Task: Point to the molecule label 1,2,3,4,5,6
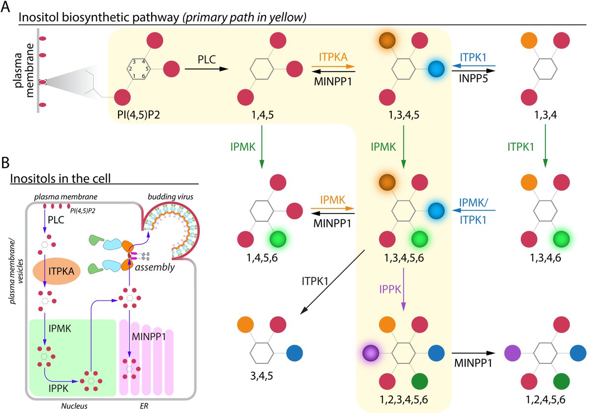[404, 400]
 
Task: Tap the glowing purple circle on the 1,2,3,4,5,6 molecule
[370, 353]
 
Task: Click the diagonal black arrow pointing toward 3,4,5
[332, 281]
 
